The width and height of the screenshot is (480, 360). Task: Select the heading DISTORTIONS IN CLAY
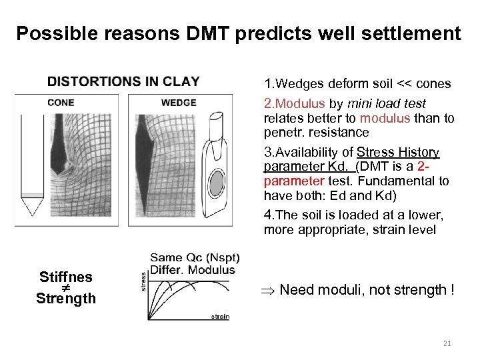[x=123, y=82]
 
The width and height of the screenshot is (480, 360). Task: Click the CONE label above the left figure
[x=61, y=103]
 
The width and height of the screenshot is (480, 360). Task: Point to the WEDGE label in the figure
[x=179, y=103]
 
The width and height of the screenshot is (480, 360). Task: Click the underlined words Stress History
[x=398, y=152]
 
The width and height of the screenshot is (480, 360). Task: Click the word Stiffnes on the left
[x=66, y=277]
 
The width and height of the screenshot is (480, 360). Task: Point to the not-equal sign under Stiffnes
[x=66, y=287]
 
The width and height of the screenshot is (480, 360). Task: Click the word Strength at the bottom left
[x=66, y=299]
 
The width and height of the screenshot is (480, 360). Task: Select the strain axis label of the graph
[x=220, y=316]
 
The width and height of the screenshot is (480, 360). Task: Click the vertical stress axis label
[x=143, y=279]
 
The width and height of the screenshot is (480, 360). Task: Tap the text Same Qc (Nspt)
[x=195, y=257]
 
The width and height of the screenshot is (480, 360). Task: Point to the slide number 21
[x=447, y=343]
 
